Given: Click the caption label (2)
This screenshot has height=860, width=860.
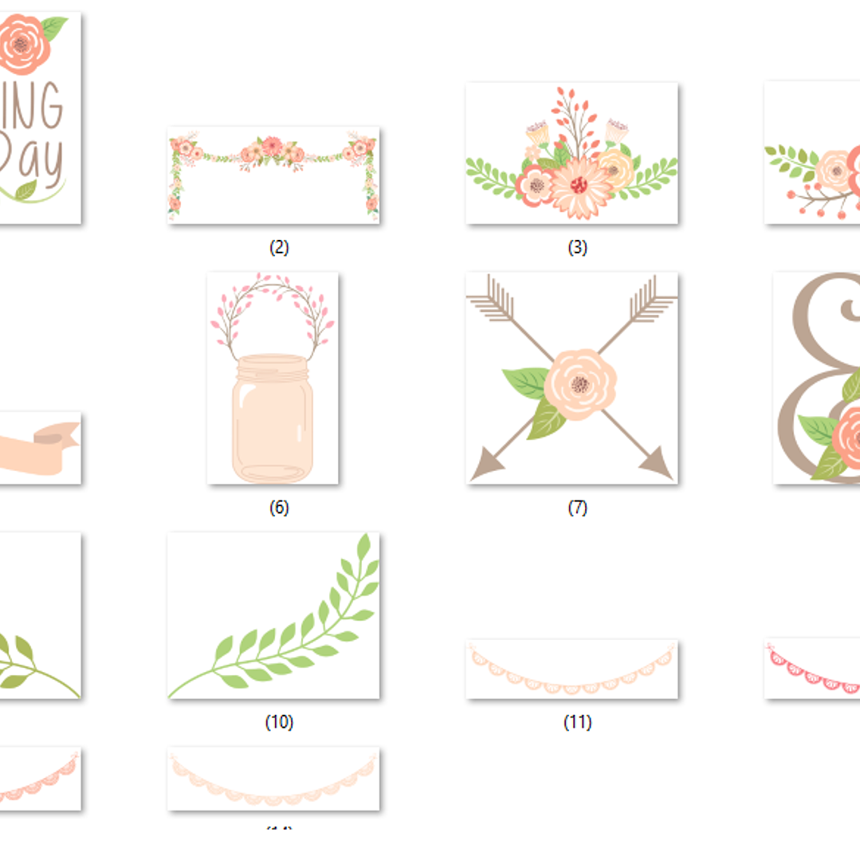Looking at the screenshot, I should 278,248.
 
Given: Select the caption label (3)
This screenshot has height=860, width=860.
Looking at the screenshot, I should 577,248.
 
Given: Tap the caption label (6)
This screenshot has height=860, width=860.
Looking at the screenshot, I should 278,508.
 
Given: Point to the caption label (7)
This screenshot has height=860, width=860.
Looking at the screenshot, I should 577,508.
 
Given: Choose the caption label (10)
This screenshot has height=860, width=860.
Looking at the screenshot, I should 278,722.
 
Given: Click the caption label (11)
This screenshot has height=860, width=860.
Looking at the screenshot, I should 577,722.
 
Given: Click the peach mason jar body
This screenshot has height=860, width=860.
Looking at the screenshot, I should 273,422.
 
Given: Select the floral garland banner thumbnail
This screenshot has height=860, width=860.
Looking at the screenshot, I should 273,175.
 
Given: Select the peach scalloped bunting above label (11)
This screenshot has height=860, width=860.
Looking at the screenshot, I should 571,673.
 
